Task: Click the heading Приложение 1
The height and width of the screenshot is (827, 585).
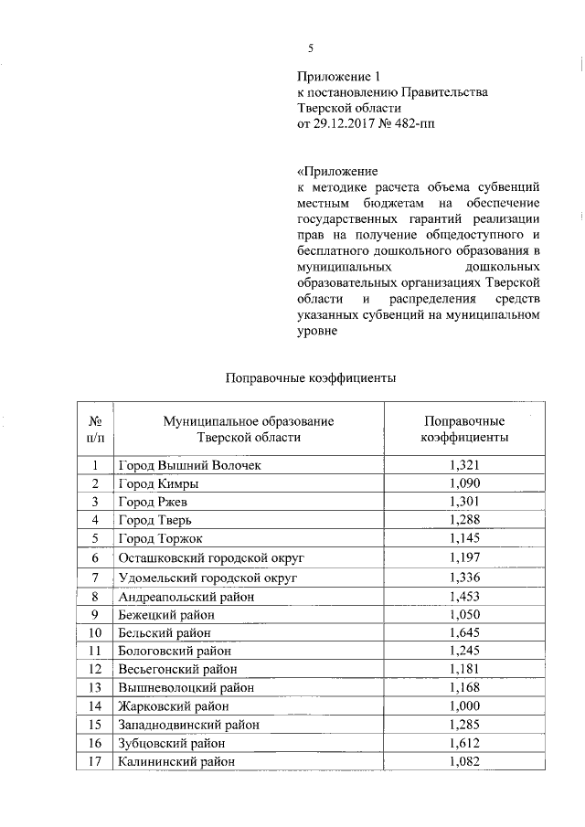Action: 337,76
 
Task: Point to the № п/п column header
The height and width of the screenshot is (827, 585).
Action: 94,429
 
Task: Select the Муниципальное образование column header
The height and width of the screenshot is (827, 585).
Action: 248,429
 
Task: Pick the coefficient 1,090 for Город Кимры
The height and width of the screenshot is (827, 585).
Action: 464,483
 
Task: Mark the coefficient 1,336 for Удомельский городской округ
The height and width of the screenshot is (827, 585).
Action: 464,578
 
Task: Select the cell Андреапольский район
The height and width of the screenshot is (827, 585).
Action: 186,597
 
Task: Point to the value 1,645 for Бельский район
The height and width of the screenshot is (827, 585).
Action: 464,632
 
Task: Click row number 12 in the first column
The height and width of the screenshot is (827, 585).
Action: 94,669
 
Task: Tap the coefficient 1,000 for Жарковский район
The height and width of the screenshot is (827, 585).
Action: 464,705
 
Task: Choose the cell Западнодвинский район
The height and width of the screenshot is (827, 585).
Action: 189,724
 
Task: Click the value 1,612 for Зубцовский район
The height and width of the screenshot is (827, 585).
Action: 464,742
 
